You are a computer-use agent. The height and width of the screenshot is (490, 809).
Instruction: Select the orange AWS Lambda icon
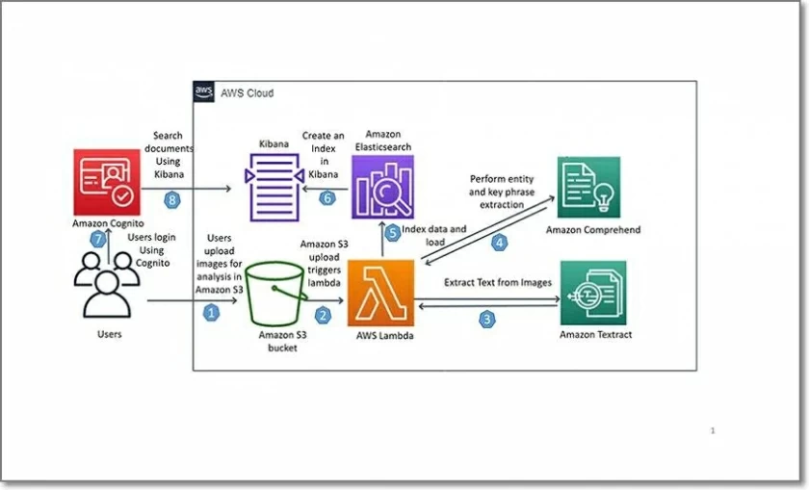380,294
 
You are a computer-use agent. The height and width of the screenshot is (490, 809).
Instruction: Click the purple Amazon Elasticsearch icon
383,187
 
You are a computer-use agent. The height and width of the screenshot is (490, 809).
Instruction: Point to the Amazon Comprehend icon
588,188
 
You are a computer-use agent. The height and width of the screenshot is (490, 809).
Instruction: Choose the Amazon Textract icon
593,293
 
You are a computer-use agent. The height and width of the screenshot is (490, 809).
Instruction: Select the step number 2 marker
324,314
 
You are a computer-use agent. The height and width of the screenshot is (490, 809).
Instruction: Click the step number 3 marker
488,319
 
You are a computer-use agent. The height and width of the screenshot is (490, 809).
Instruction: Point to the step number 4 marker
500,243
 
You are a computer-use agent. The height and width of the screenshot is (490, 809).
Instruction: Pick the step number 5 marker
392,232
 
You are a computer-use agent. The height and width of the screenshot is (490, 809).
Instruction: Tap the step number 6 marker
326,197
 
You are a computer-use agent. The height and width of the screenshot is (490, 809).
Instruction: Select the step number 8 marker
172,200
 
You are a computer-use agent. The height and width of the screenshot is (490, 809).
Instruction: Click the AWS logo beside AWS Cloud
204,92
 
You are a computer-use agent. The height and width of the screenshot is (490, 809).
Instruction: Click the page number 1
712,430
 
